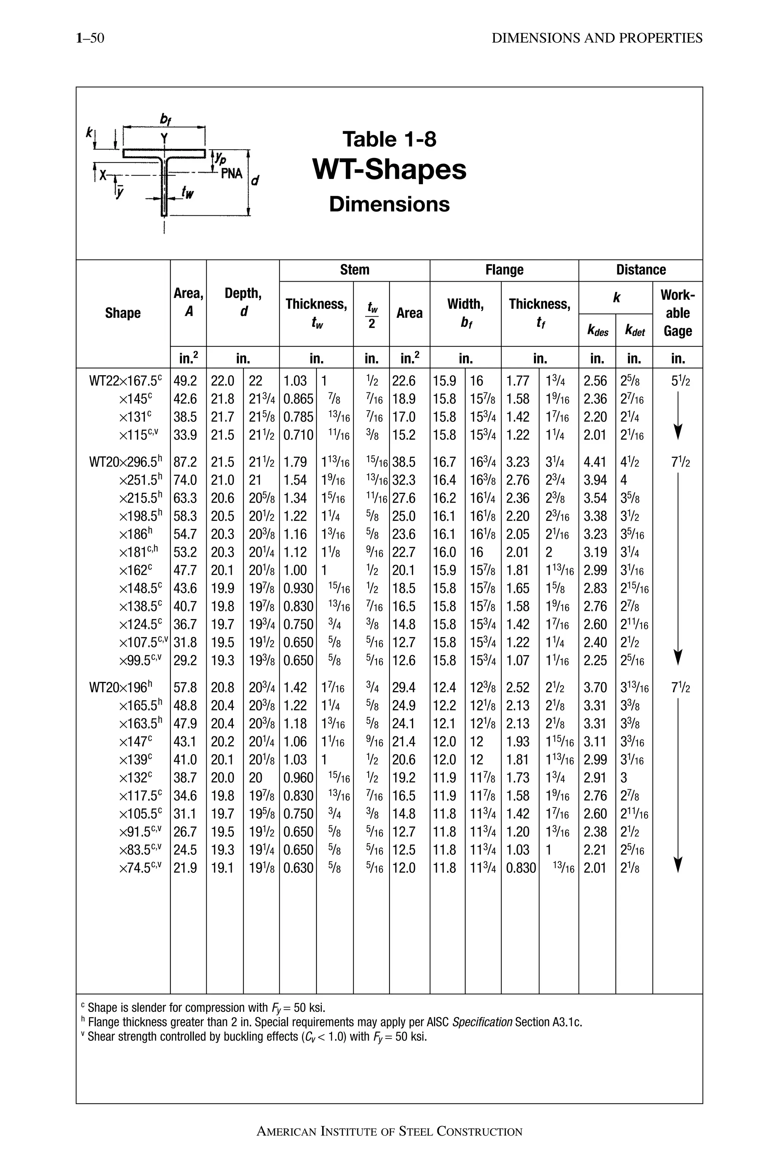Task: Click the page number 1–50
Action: pyautogui.click(x=90, y=38)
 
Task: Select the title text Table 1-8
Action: pyautogui.click(x=389, y=139)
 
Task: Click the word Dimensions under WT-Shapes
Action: pyautogui.click(x=389, y=204)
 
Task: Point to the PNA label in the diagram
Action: pyautogui.click(x=232, y=174)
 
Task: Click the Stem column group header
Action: pyautogui.click(x=354, y=270)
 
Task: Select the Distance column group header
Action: pyautogui.click(x=641, y=270)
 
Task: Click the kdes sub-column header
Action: pyautogui.click(x=597, y=331)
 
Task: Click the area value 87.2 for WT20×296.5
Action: pyautogui.click(x=185, y=462)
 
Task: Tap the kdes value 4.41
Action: pyautogui.click(x=595, y=462)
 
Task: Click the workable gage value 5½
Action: pyautogui.click(x=680, y=381)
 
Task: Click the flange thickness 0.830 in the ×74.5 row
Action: pyautogui.click(x=521, y=868)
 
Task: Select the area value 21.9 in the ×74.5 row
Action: pyautogui.click(x=185, y=868)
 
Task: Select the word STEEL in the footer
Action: pyautogui.click(x=415, y=1132)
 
